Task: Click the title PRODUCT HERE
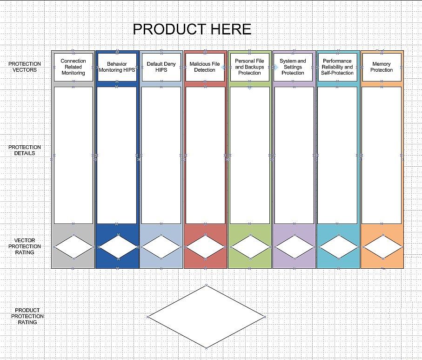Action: (x=192, y=29)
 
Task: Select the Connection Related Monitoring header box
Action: (x=73, y=67)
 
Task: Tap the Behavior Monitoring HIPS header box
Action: (x=117, y=67)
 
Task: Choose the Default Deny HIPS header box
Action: (x=161, y=67)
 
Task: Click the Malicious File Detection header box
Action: (x=205, y=67)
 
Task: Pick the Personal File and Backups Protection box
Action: (x=249, y=67)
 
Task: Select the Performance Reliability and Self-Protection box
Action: (x=337, y=67)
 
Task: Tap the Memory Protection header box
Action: (x=382, y=67)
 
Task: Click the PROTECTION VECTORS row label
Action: (x=25, y=67)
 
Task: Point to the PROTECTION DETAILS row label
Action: (x=25, y=150)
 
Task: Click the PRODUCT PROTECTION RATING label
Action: (x=27, y=316)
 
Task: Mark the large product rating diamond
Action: (x=206, y=317)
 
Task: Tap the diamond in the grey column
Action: (x=74, y=247)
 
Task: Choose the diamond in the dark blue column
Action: (x=118, y=247)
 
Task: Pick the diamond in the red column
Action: (x=205, y=247)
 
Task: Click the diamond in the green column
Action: (x=250, y=247)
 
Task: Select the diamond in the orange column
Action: (x=382, y=247)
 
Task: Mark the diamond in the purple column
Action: (x=294, y=247)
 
